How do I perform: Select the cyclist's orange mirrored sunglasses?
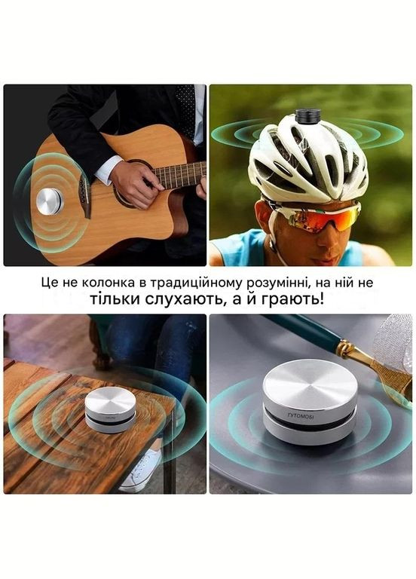[317, 215]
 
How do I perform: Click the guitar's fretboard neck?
[181, 175]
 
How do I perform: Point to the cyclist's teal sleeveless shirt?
[241, 253]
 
